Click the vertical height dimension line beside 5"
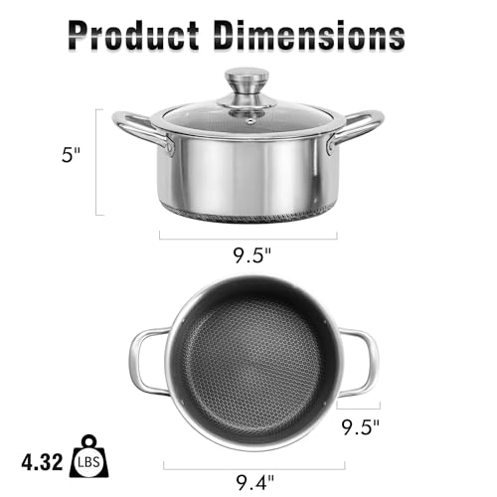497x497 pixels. coord(97,162)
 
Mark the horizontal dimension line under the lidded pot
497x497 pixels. coord(248,236)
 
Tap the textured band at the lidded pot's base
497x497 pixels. coord(248,213)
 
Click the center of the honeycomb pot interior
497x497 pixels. coord(251,363)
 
